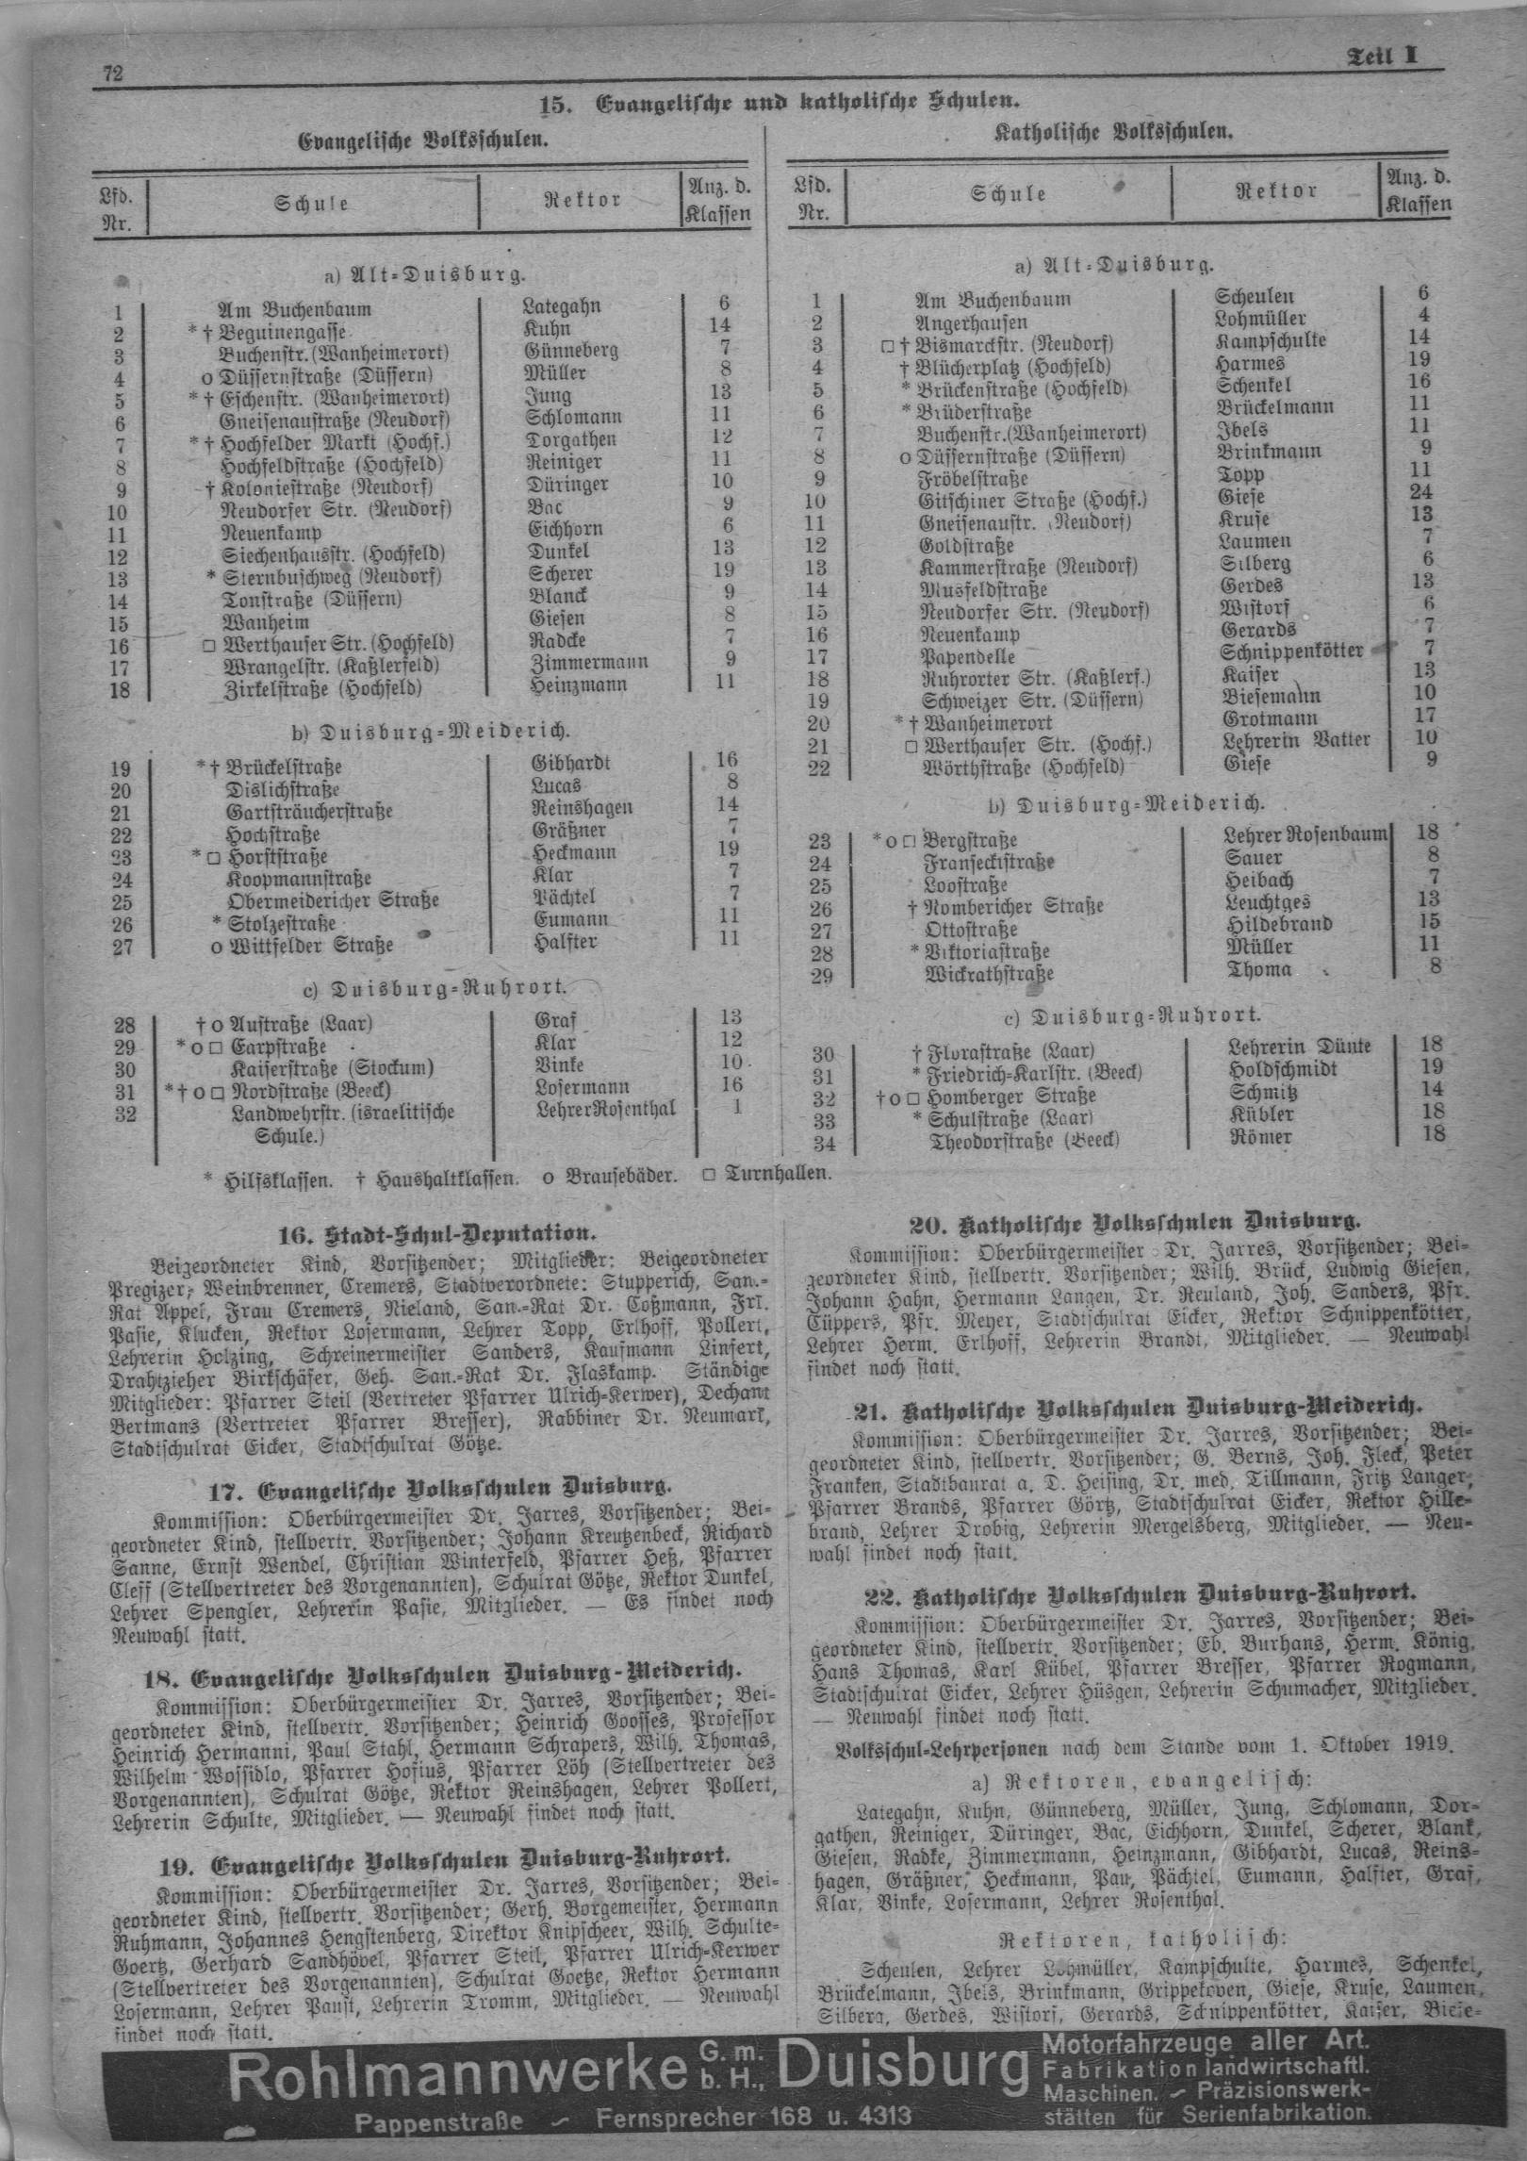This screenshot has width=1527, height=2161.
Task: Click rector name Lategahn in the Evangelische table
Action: pos(561,306)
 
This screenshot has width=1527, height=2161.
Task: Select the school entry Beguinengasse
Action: pos(284,332)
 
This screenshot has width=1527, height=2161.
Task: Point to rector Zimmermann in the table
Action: pos(584,662)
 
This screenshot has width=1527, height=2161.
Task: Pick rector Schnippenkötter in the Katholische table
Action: pos(1291,652)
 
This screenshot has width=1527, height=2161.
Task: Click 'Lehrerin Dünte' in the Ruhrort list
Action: pos(1300,1047)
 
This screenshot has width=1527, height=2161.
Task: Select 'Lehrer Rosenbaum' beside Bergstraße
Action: pos(1305,833)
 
